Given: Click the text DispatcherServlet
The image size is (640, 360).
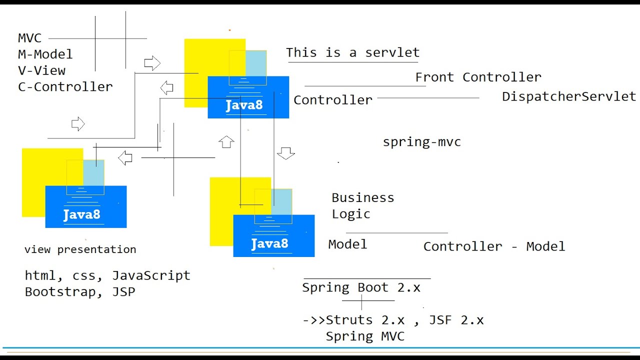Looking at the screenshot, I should (x=569, y=96).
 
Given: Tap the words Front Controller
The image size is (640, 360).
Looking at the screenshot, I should (x=478, y=77).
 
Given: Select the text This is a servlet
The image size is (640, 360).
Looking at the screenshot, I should (x=352, y=52).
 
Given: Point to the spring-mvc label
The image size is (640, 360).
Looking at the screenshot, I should (x=421, y=142).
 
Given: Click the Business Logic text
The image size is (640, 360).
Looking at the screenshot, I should (x=362, y=205).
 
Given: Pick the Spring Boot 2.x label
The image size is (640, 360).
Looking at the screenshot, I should (x=361, y=288).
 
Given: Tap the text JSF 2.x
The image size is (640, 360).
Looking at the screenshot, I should (x=456, y=320).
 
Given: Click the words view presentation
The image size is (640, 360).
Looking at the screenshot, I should (x=80, y=249).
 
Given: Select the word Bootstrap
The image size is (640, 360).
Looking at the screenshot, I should (x=60, y=292).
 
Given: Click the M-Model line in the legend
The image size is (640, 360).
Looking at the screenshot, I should (x=45, y=54).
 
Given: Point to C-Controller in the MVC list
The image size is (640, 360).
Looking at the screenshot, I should (x=65, y=87).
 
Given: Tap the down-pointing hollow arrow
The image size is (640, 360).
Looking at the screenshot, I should (x=285, y=153).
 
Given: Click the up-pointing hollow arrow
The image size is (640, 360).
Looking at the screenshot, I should (x=226, y=141).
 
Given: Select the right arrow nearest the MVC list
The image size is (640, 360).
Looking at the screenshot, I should (x=152, y=63).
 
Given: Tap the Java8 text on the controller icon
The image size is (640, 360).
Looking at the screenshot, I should (x=244, y=105).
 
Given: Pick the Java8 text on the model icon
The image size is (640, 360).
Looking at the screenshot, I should (x=269, y=244).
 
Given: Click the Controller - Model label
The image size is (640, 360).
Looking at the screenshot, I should (x=494, y=246).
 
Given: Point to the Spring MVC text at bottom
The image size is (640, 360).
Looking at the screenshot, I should (x=365, y=336).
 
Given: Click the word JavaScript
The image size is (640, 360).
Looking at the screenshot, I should (x=151, y=275).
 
